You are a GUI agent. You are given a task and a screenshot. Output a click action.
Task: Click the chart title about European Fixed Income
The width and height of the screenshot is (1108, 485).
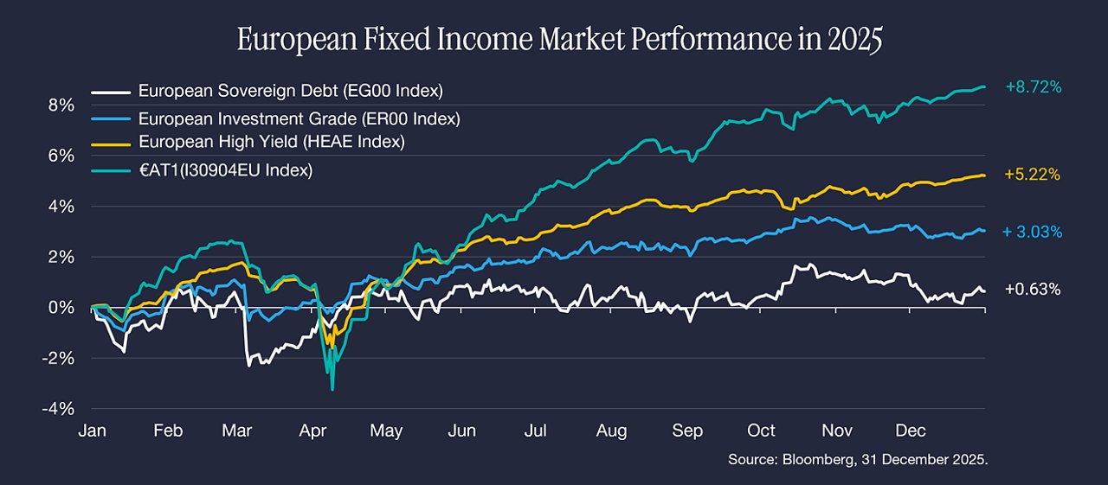pyautogui.click(x=559, y=40)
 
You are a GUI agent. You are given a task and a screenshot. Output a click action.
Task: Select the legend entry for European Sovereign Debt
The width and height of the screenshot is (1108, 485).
pyautogui.click(x=290, y=91)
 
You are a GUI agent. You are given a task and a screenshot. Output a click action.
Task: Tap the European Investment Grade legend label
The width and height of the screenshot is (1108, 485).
pyautogui.click(x=300, y=119)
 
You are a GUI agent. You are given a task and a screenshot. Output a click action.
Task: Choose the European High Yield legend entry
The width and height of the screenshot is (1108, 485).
pyautogui.click(x=272, y=143)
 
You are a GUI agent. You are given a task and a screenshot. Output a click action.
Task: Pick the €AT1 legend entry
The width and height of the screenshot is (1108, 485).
pyautogui.click(x=226, y=170)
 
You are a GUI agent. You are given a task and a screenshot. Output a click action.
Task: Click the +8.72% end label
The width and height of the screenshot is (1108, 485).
pyautogui.click(x=1034, y=87)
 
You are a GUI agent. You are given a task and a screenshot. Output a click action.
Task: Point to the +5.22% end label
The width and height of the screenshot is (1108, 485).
pyautogui.click(x=1033, y=175)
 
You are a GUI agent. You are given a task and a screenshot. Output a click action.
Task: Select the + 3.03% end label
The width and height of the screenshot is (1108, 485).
pyautogui.click(x=1033, y=232)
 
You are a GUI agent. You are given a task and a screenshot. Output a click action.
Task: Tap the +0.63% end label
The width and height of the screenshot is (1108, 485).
pyautogui.click(x=1033, y=289)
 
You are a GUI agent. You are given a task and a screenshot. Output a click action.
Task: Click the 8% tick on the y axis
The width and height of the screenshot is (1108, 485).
pyautogui.click(x=61, y=105)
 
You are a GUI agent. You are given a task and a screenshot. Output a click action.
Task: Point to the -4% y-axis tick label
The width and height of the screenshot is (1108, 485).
pyautogui.click(x=58, y=409)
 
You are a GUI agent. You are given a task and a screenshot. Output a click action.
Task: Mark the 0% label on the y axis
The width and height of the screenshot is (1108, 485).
pyautogui.click(x=61, y=308)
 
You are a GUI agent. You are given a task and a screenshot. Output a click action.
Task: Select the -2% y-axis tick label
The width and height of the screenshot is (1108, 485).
pyautogui.click(x=58, y=359)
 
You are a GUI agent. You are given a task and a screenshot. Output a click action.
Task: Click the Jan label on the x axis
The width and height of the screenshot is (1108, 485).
pyautogui.click(x=93, y=431)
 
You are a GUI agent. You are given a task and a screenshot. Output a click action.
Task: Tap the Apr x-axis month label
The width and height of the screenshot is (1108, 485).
pyautogui.click(x=312, y=431)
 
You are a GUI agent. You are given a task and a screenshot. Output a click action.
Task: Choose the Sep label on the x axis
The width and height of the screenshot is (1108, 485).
pyautogui.click(x=687, y=431)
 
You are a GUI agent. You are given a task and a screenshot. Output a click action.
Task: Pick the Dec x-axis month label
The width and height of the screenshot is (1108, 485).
pyautogui.click(x=911, y=431)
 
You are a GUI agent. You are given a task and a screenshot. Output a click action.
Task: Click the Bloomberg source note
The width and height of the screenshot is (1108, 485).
pyautogui.click(x=858, y=460)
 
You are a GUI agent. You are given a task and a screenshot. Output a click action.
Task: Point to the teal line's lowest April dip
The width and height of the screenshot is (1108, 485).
pyautogui.click(x=332, y=390)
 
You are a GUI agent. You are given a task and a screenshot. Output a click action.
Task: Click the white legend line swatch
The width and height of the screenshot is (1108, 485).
pyautogui.click(x=111, y=93)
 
